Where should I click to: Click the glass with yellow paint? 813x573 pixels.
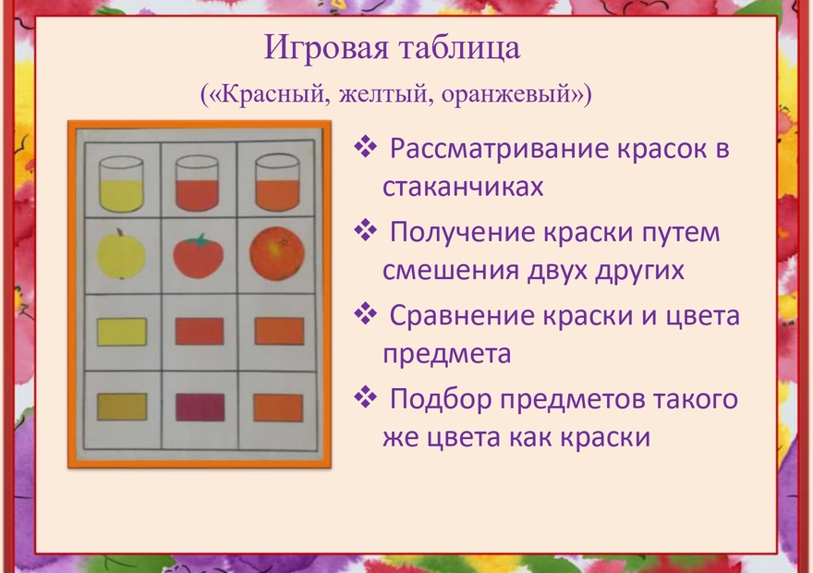(x=121, y=184)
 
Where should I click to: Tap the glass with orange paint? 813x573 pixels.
(x=277, y=183)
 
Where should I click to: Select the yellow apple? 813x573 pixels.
(x=121, y=254)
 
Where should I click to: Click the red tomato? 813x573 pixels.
(x=198, y=257)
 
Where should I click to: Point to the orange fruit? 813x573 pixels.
(x=277, y=253)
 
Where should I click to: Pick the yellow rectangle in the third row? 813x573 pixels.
(x=122, y=332)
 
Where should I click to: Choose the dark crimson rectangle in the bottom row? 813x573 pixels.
(x=200, y=407)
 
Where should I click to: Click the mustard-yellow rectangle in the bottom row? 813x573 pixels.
(x=122, y=407)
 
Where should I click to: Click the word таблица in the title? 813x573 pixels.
(x=459, y=48)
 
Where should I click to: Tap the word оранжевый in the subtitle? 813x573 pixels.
(x=516, y=94)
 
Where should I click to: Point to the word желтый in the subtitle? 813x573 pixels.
(x=386, y=94)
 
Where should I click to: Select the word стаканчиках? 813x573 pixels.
(x=463, y=187)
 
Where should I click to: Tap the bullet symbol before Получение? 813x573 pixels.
(x=366, y=230)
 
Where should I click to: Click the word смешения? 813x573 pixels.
(x=451, y=271)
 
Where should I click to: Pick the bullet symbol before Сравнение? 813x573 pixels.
(x=366, y=313)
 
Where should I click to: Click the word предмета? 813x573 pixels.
(x=447, y=355)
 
